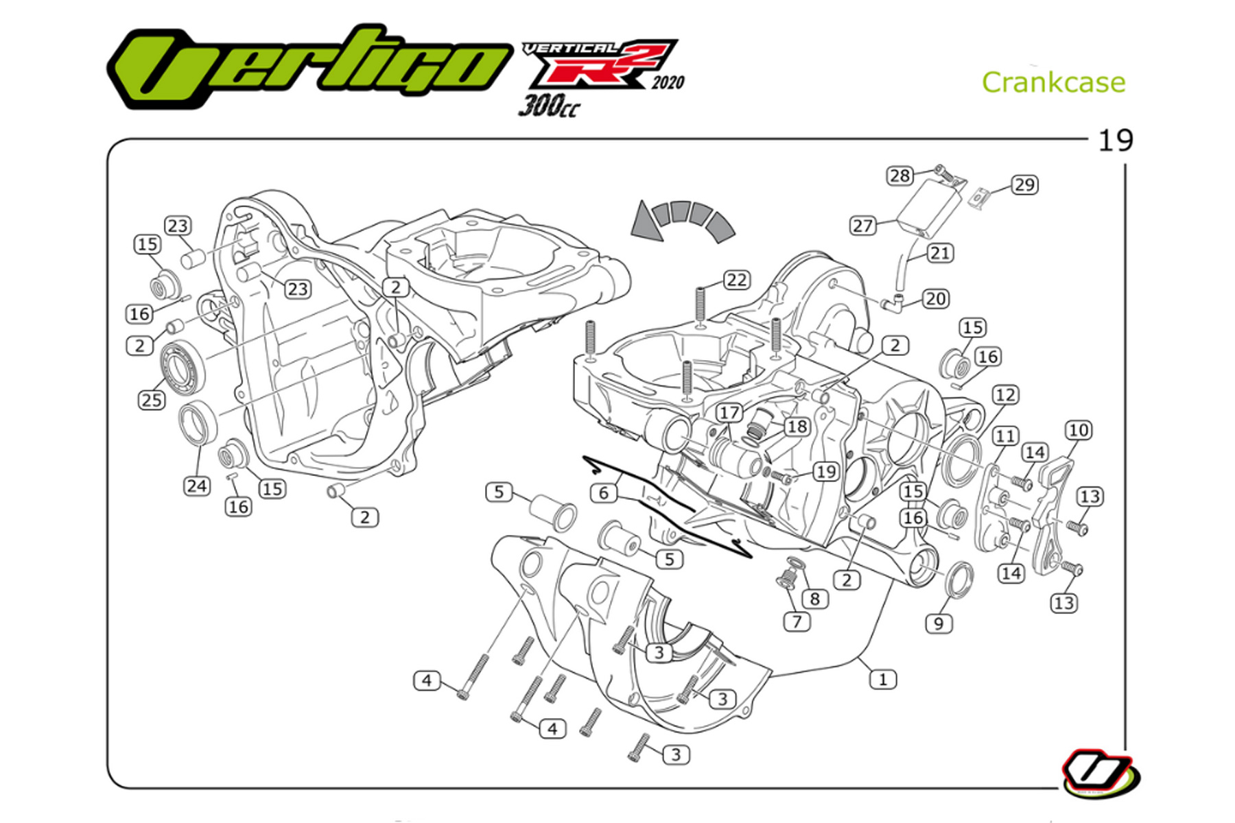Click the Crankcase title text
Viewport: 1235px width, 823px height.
coord(1053,83)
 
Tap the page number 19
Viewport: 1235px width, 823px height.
coord(1116,141)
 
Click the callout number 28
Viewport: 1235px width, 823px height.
coord(899,176)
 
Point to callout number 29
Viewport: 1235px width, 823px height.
coord(1024,184)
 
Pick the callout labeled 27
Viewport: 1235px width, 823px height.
coord(862,226)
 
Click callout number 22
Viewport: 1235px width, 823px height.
coord(736,280)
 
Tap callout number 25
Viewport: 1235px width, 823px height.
coord(152,400)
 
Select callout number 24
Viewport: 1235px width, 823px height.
coord(196,486)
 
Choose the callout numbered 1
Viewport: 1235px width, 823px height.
coord(882,680)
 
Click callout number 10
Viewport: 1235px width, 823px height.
coord(1078,430)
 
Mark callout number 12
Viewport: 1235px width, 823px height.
coord(1005,395)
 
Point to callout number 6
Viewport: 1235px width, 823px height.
coord(603,492)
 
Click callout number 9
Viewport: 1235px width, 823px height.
coord(938,623)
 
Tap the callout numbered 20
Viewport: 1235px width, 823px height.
coord(936,299)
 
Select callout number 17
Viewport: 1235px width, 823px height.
coord(729,413)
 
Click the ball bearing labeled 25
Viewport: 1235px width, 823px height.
coord(183,366)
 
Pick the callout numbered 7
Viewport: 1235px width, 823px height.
coord(797,621)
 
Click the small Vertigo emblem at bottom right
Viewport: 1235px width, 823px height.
coord(1100,774)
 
